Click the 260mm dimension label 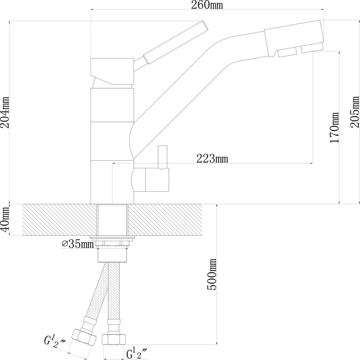click(207, 5)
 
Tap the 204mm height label click(5, 112)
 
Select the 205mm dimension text click(354, 112)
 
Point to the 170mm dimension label click(334, 128)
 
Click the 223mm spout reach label click(212, 158)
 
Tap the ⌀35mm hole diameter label click(78, 244)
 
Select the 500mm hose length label click(212, 274)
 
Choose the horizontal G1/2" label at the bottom click(137, 353)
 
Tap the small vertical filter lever click(163, 157)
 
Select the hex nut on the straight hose click(114, 339)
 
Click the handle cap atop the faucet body click(112, 72)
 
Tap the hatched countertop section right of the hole click(165, 220)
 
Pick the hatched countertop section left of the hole click(59, 220)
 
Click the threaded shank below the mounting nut click(112, 255)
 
